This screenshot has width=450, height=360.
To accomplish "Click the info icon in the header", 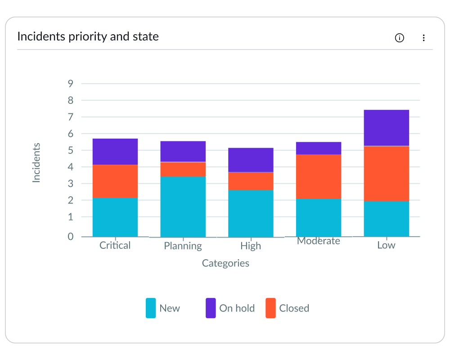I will click(399, 38).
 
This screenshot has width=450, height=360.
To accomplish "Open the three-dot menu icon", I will click(423, 38).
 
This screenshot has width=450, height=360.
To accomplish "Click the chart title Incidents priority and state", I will click(88, 36).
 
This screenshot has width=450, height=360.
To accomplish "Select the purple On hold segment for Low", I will click(386, 128).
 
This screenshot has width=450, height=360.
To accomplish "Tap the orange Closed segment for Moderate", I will click(319, 176).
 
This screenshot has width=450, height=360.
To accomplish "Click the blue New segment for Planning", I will click(183, 207).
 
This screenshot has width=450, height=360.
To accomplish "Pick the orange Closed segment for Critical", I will click(115, 181).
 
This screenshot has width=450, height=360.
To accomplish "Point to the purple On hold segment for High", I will click(251, 160).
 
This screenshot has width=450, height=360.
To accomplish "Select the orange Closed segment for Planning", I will click(183, 169).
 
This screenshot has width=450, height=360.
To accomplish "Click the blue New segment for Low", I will click(386, 219).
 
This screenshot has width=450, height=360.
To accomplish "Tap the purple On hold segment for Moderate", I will click(319, 148).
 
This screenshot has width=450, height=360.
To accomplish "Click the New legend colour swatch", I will click(151, 308).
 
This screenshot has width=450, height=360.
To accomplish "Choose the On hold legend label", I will click(237, 308).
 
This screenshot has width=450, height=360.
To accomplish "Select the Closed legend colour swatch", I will click(270, 308).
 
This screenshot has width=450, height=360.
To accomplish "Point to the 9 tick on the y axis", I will click(71, 83).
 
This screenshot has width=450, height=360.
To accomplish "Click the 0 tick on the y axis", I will click(71, 236).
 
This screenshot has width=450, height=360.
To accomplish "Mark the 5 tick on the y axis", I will click(71, 150).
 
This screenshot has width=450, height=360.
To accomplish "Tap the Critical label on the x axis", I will click(115, 245).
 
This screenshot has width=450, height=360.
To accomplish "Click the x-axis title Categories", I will click(225, 263).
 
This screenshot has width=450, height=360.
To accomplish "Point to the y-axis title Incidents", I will click(36, 162).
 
